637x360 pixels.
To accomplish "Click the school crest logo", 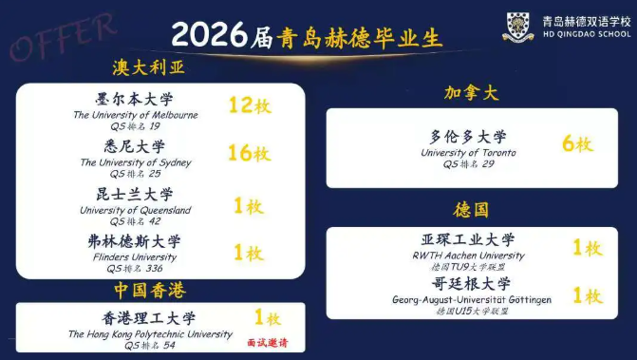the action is point(518,27).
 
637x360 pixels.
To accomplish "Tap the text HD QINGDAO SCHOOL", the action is point(587,34).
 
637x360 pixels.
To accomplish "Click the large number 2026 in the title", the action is point(209,34).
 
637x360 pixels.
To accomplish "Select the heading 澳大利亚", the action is point(149,67).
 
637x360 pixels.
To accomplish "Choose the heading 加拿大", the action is point(471,93).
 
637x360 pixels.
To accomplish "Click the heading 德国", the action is point(471,210).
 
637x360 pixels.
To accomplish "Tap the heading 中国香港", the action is point(150,290).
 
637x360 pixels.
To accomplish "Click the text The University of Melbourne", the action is point(136,115).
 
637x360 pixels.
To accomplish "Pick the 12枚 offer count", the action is point(250,105).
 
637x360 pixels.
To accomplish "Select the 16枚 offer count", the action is point(250,153).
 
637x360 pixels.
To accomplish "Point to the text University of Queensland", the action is point(136,210).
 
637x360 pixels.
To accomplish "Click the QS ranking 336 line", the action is point(135,269).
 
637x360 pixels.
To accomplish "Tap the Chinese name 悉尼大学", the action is point(135,146).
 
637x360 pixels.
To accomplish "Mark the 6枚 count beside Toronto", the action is point(578,143).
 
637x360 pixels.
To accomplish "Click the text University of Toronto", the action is point(468,153).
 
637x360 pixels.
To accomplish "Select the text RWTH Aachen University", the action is point(468,256).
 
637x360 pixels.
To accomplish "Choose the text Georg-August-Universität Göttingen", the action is point(472,300).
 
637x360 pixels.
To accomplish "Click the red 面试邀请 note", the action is point(268,343).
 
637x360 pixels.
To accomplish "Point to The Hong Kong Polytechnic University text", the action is point(150,334).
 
